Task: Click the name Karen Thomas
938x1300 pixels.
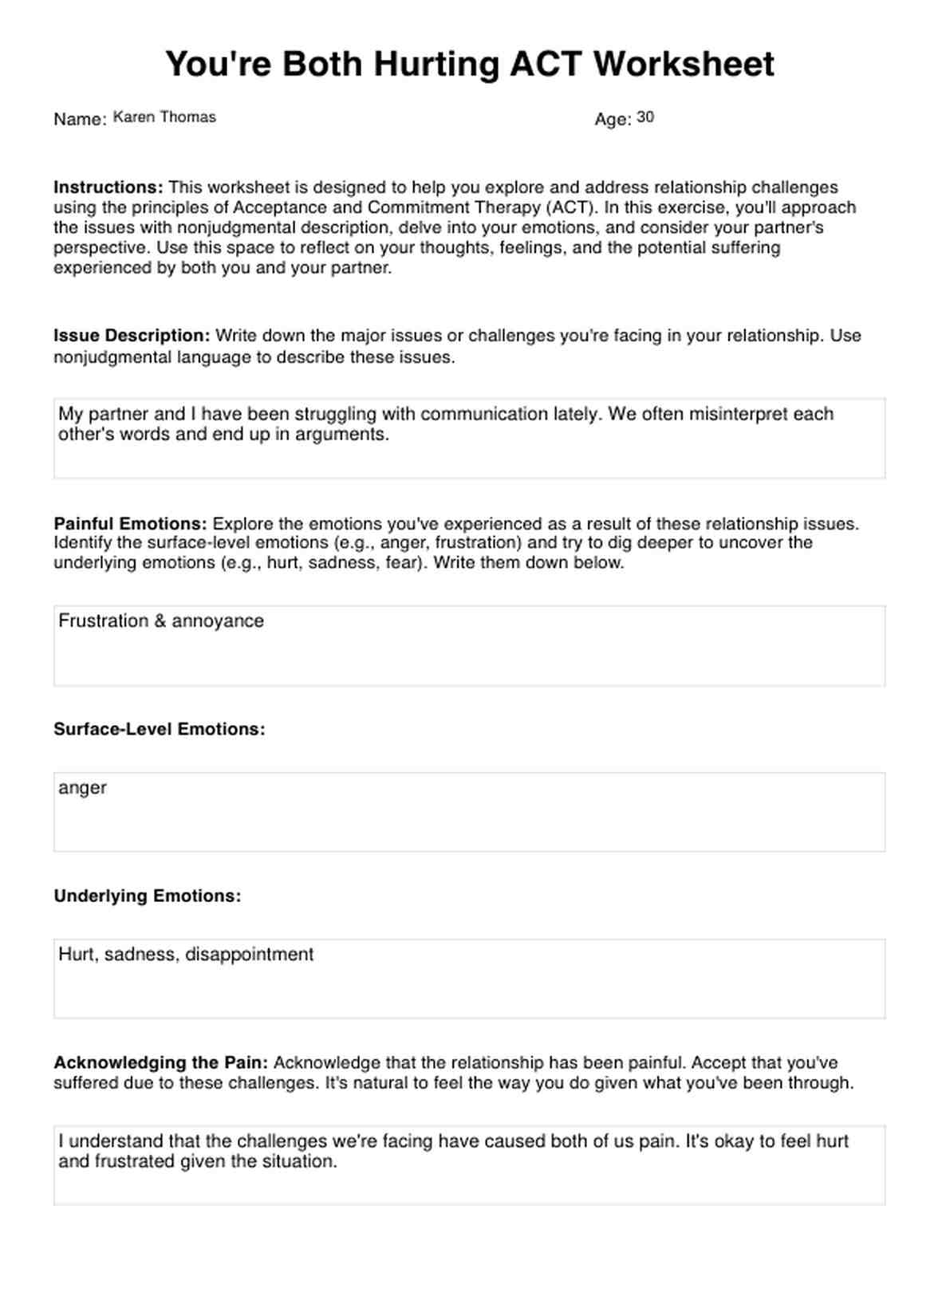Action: [164, 117]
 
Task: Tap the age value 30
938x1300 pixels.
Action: [645, 117]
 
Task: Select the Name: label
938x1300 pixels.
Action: [80, 120]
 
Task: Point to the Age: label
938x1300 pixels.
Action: [613, 120]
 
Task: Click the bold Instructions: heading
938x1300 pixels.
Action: [108, 187]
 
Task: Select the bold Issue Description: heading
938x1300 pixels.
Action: [132, 336]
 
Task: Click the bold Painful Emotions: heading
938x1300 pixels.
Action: [130, 524]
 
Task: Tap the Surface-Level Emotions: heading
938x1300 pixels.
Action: [159, 729]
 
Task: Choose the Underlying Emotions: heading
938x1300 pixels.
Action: [147, 896]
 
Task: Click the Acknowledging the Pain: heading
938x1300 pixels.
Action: [160, 1062]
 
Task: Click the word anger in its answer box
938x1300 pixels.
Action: [82, 788]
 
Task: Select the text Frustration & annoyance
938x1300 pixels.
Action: [160, 621]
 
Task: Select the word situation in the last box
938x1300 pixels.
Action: [299, 1161]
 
